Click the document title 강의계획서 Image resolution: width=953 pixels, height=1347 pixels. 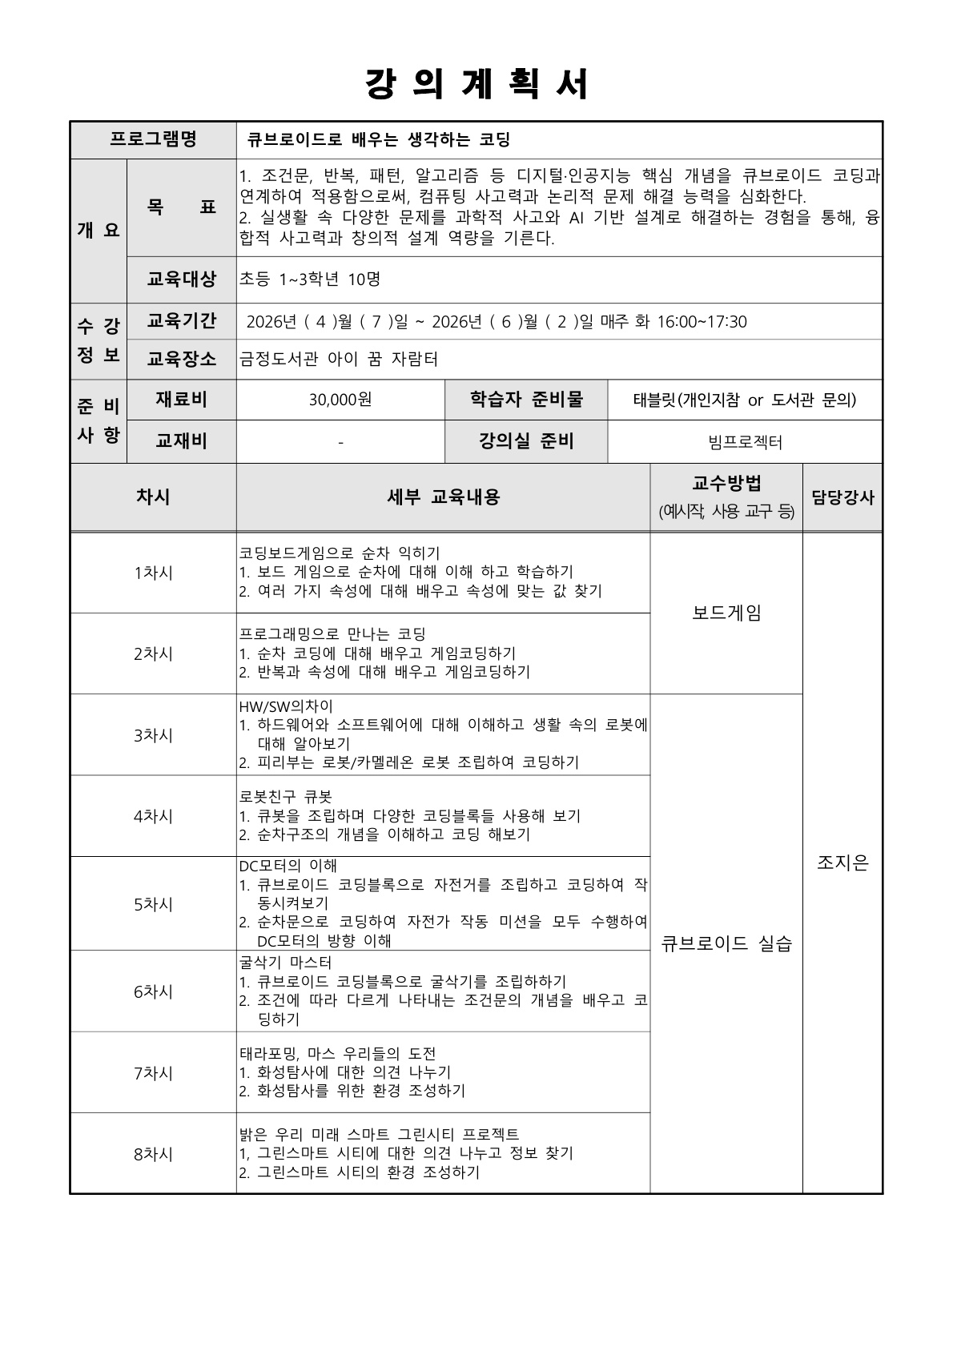coord(476,84)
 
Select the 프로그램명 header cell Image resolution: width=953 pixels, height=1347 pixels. coord(153,139)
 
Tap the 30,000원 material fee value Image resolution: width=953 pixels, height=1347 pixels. coord(340,400)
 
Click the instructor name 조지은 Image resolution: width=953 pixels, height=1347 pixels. coord(842,862)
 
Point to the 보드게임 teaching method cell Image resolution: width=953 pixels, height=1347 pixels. coord(726,613)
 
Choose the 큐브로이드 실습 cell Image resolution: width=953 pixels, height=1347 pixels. coord(726,943)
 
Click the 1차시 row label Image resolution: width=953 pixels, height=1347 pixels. coord(153,573)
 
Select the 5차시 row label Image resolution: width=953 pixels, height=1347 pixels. coord(153,904)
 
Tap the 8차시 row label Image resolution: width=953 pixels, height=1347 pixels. coord(153,1154)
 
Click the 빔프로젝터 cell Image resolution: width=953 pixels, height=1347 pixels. coord(745,441)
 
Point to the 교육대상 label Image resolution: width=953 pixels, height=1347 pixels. coord(181,279)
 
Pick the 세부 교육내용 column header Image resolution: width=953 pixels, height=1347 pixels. coord(443,497)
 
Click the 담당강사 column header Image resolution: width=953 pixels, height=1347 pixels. coord(842,497)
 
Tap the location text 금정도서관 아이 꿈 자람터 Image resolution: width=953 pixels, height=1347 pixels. coord(339,359)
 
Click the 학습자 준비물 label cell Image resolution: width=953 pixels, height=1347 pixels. coord(526,400)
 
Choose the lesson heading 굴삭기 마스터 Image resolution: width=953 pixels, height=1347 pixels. coord(285,963)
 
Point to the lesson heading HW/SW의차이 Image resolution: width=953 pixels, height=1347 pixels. coord(285,706)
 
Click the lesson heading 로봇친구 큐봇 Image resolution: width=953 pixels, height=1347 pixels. coord(285,797)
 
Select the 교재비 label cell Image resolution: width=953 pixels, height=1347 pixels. coord(181,441)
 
